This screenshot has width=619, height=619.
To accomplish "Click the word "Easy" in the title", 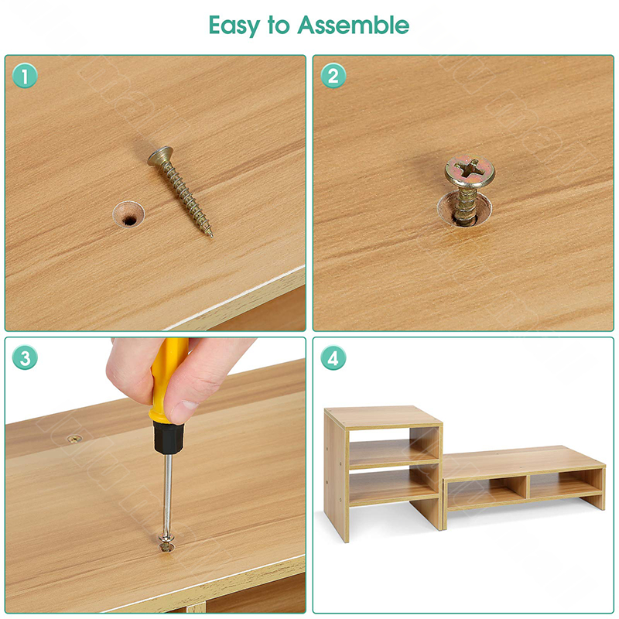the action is (234, 26).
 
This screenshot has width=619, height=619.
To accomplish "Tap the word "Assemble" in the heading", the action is (354, 25).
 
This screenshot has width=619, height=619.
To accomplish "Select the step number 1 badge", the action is (25, 76).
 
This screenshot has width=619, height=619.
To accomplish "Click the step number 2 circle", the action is (333, 76).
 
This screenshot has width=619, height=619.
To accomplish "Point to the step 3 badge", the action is (25, 357).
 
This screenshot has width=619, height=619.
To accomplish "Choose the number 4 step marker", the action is (333, 357).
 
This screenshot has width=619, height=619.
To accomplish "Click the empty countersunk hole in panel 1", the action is (128, 215).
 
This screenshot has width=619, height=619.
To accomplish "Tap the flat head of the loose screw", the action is (160, 156).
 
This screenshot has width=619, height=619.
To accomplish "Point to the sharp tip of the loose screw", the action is (212, 237).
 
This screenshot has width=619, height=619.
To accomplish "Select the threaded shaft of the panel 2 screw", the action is (467, 205).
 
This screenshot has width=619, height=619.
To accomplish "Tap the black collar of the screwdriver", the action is (169, 438).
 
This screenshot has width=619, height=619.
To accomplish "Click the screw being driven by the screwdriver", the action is (166, 543).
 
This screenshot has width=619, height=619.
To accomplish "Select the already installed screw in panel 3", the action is (74, 439).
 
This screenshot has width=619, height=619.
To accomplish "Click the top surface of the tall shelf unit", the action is (382, 417).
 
